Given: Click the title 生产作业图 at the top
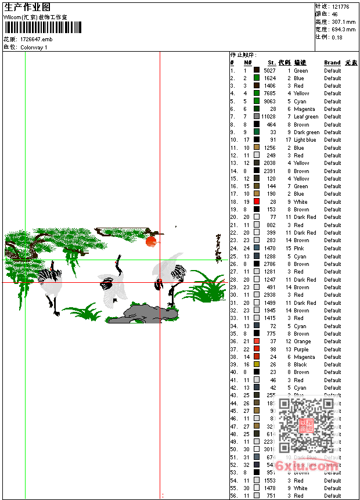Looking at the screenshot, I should (27, 7).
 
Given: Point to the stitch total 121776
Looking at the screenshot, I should (340, 6).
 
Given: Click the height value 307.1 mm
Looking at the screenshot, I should (343, 21).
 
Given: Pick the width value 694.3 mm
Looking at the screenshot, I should (343, 29).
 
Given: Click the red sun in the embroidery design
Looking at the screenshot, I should (151, 240).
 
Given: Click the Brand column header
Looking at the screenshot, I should (332, 63).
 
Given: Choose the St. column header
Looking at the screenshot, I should (271, 63).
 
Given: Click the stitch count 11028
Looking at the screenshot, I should (268, 117).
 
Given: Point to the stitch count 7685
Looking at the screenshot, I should (269, 93).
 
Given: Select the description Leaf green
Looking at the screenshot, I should (306, 117).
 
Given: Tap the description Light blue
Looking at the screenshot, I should (305, 140).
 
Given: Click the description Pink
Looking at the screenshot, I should (298, 249).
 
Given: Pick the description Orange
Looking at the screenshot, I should (302, 341).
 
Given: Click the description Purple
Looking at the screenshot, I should (301, 350).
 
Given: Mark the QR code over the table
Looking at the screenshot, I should (305, 425).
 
